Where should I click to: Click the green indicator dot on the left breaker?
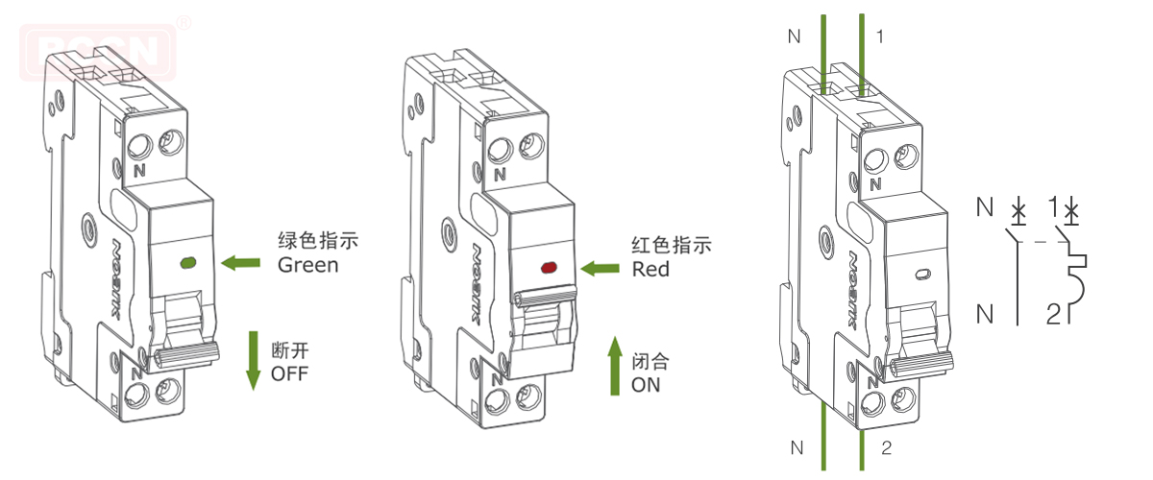pos(187,261)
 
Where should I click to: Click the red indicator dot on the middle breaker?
pos(550,268)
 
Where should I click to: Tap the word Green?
pos(307,265)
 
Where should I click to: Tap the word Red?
pos(650,270)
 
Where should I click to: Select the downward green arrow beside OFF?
pos(254,360)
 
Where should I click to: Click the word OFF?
pos(290,373)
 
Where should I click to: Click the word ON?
pos(646,386)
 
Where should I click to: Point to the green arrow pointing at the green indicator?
pos(240,260)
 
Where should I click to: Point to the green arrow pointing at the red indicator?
pos(601,269)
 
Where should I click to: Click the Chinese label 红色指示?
pos(673,246)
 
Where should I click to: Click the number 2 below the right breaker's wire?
pos(886,447)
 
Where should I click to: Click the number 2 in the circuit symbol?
pos(1053,313)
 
